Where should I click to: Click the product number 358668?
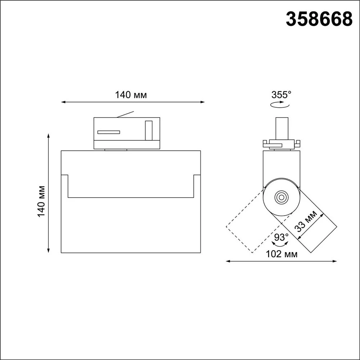coord(319,19)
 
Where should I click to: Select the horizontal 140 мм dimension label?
coord(131,95)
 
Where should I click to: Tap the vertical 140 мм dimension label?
coord(41,201)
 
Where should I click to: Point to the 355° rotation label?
coord(281,95)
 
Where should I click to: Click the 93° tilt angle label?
coord(282,237)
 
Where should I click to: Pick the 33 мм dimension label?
coord(306,221)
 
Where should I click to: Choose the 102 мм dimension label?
coord(282,254)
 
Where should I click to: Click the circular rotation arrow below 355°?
coord(280,105)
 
